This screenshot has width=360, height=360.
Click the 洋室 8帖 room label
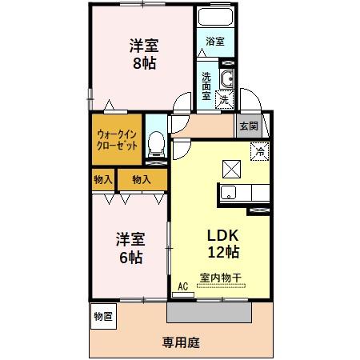pos(144,54)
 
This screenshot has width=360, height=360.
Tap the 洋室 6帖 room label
pos(129,247)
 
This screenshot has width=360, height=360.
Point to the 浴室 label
pos(214,40)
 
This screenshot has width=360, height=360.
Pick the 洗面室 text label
pos(206,86)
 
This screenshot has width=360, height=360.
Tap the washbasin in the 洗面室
pos(226,78)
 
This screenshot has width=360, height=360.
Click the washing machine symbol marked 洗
pos(225,99)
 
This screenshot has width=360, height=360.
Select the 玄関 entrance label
pos(248,126)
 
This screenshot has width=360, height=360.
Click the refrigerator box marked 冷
pos(260,149)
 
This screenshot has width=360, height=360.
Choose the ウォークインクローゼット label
pos(117,141)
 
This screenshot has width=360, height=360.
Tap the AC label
pos(182,286)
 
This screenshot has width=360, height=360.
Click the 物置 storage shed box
pos(102,315)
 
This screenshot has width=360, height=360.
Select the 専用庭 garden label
pos(180,342)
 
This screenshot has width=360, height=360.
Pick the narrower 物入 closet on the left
pos(102,180)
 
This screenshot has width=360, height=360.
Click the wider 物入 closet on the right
pos(142,180)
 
